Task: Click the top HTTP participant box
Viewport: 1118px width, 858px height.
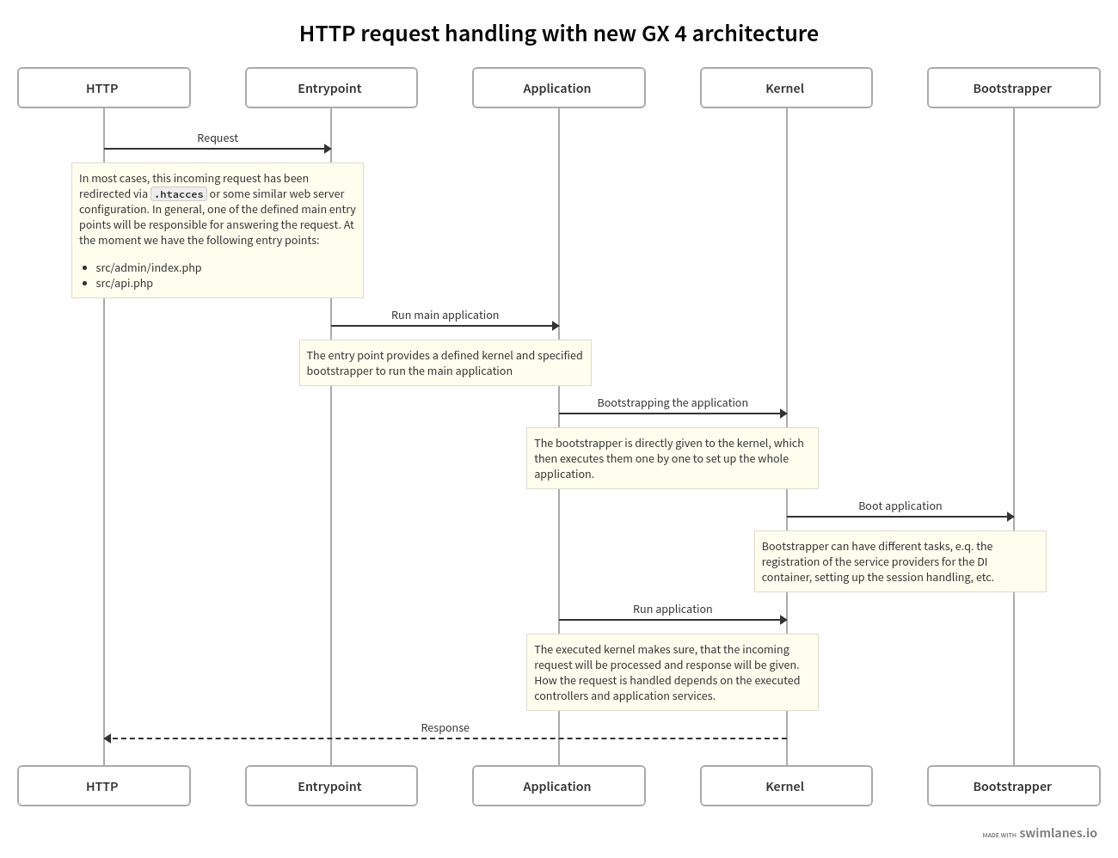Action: pos(103,88)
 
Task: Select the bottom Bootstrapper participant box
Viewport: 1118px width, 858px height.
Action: pos(1013,786)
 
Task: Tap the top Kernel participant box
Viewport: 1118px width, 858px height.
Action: pos(785,88)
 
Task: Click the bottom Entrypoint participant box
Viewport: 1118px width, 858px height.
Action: pos(330,786)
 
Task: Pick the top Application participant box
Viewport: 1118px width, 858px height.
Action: pos(558,88)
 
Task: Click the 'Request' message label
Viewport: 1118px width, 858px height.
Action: pos(218,138)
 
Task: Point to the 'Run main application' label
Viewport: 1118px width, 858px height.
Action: pos(445,315)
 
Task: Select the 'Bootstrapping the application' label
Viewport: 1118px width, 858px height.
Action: pos(673,402)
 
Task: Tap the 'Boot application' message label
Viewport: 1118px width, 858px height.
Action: pos(900,506)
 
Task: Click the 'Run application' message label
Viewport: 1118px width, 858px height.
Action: pos(673,609)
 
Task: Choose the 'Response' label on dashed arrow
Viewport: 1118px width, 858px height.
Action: pos(445,727)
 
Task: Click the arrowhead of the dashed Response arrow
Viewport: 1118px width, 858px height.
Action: pos(107,738)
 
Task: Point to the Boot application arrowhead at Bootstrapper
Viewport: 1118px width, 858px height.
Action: pos(1010,517)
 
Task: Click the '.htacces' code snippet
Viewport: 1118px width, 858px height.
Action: pos(179,194)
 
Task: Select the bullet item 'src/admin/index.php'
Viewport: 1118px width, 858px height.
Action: pos(148,267)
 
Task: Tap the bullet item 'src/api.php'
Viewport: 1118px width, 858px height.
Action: pos(124,283)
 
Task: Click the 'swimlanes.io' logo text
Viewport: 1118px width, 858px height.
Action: pos(1058,832)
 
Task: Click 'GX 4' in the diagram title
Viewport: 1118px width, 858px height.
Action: pos(663,34)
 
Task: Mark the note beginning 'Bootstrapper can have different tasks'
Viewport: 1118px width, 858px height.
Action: pos(900,561)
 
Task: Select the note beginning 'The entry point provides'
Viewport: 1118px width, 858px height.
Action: pos(445,363)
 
